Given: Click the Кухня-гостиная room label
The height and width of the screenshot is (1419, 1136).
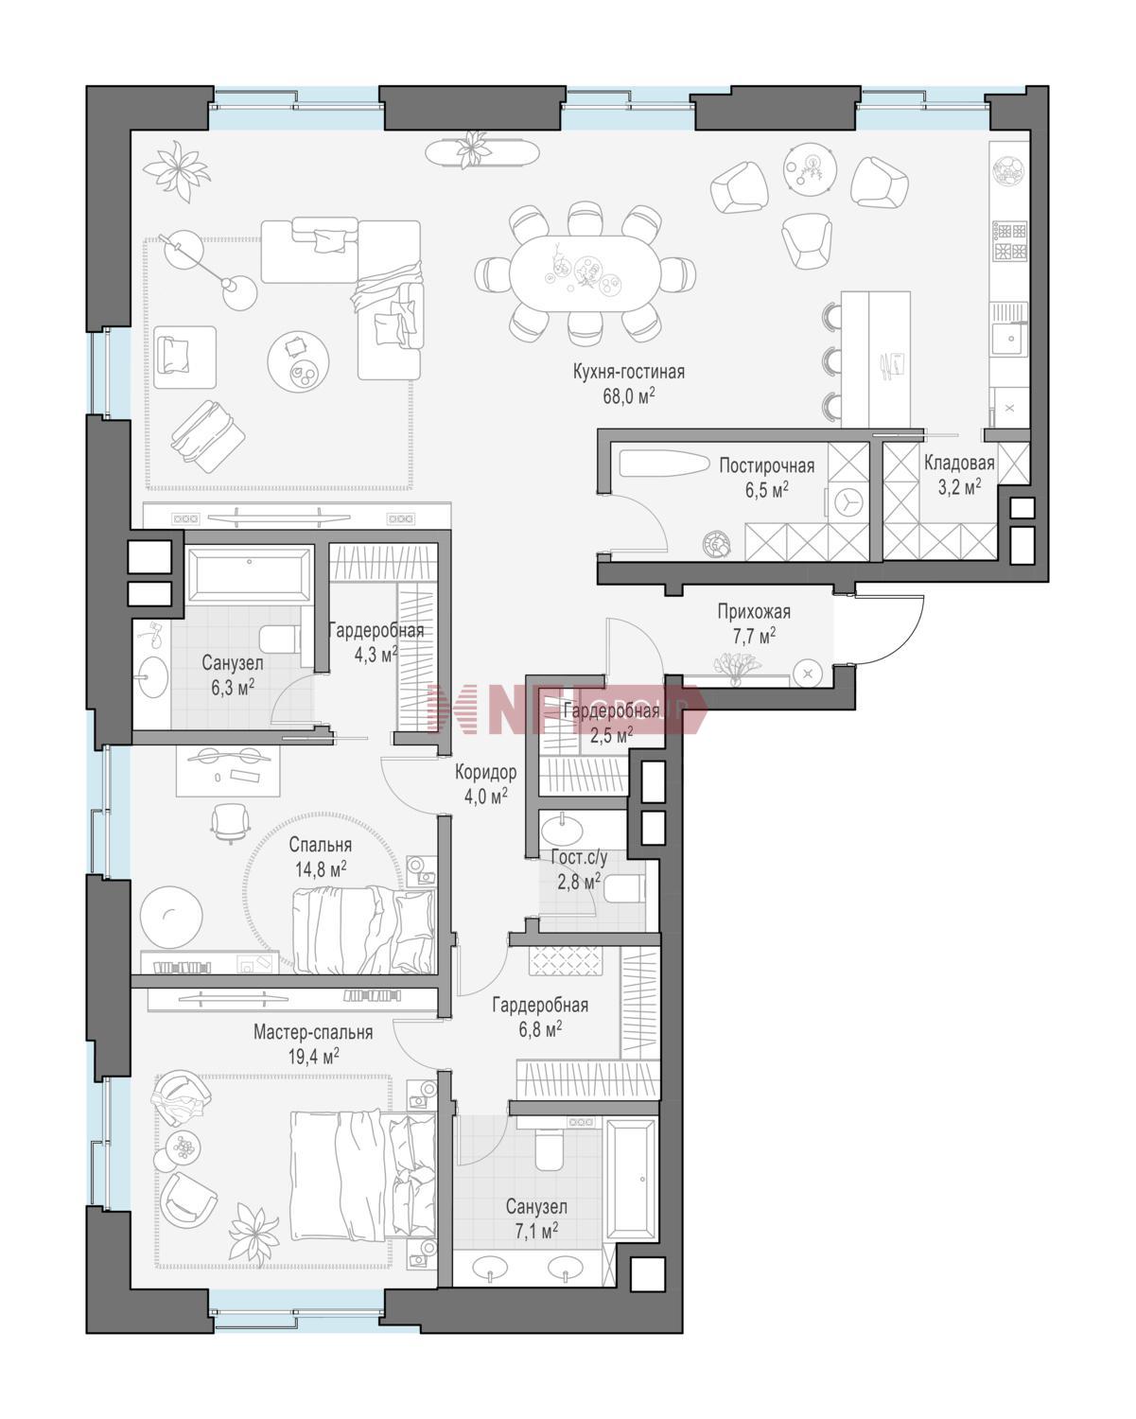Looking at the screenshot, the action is (628, 372).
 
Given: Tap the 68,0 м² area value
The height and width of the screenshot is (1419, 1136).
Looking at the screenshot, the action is (628, 395).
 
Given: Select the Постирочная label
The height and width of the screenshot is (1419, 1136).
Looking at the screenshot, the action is (766, 466).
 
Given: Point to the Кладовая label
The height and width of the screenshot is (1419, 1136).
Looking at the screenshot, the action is (958, 463).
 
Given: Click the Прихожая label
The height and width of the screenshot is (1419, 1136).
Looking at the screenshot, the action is (754, 612).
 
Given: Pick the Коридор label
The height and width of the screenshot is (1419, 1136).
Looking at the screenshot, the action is (486, 772).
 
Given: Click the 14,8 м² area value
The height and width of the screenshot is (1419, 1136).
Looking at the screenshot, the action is (321, 869).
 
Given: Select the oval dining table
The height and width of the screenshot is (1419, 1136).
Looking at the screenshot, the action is (585, 273).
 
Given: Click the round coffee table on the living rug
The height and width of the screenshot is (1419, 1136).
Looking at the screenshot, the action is (298, 361).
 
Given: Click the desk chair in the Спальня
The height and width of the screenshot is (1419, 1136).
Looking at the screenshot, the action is (231, 824).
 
